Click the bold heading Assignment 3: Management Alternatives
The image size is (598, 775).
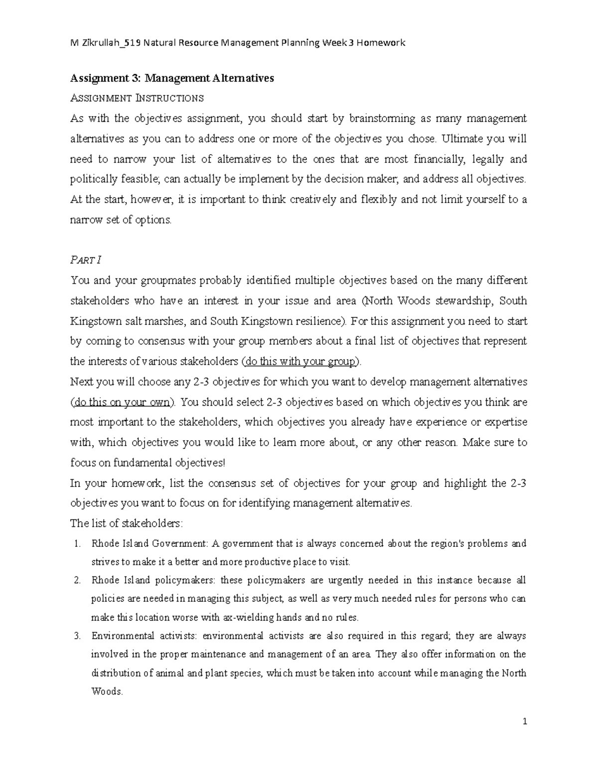pyautogui.click(x=172, y=78)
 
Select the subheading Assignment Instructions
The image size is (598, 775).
pyautogui.click(x=137, y=98)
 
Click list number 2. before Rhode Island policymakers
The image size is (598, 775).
pyautogui.click(x=77, y=580)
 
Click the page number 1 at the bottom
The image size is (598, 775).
pyautogui.click(x=524, y=722)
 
